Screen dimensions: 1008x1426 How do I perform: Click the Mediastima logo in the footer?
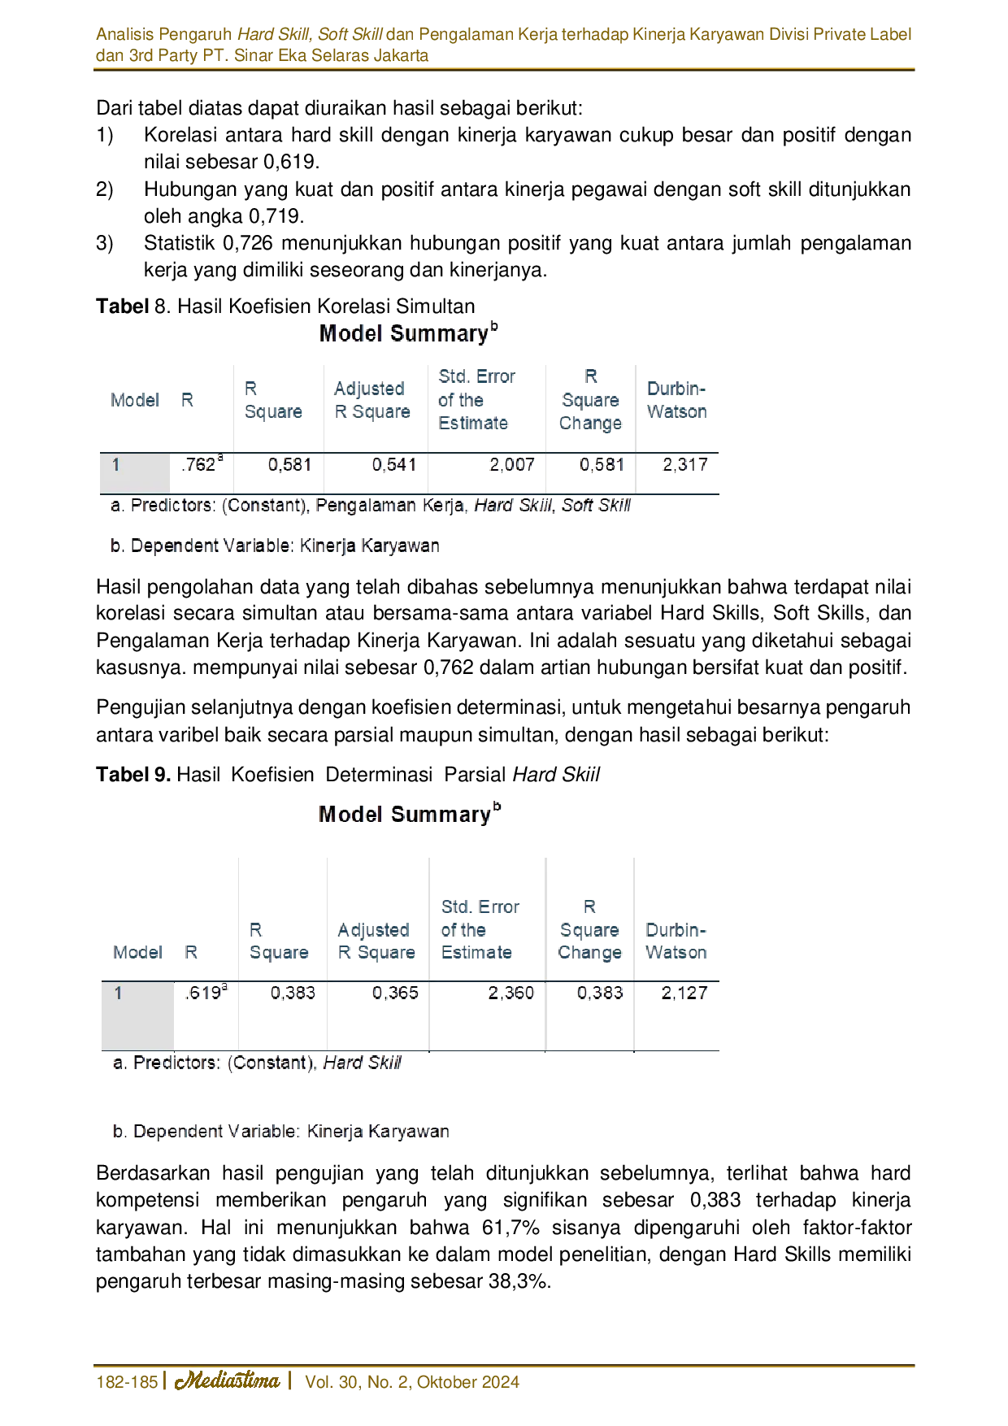228,1380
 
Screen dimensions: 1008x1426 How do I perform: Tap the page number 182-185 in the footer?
127,1382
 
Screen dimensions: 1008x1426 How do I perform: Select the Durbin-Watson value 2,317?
684,465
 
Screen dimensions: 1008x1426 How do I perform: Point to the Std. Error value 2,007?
511,465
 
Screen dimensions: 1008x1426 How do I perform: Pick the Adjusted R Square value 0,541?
394,465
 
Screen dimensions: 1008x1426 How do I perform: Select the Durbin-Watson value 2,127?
684,993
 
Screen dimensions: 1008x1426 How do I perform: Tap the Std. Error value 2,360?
511,993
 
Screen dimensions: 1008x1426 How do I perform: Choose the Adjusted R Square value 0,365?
395,993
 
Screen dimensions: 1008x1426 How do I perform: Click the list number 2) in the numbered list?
105,189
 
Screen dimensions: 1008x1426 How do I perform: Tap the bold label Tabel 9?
133,774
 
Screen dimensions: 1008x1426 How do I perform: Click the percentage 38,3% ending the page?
520,1281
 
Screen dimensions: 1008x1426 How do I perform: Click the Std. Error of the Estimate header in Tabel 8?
476,400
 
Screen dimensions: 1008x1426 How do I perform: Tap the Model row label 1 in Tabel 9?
119,993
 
